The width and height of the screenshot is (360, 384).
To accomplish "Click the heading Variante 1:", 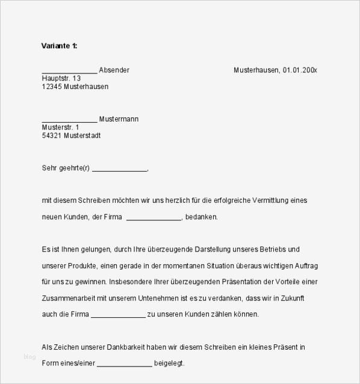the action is [59, 46].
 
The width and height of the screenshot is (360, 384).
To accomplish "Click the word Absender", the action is [114, 70].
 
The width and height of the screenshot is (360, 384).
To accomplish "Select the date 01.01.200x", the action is [300, 70].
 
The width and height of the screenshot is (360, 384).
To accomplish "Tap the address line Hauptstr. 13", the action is [61, 78].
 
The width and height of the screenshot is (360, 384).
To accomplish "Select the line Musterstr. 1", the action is [60, 128].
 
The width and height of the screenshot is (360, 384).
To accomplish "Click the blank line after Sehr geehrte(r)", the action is [119, 169].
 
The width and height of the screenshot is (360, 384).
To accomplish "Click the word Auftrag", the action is [303, 265].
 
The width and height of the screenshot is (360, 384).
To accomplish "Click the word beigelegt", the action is [170, 364].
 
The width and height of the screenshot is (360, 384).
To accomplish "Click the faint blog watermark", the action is [29, 357].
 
